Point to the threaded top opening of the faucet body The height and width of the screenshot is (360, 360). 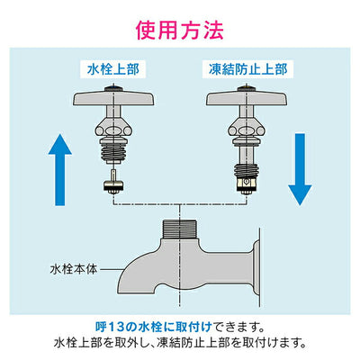tap(179, 229)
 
